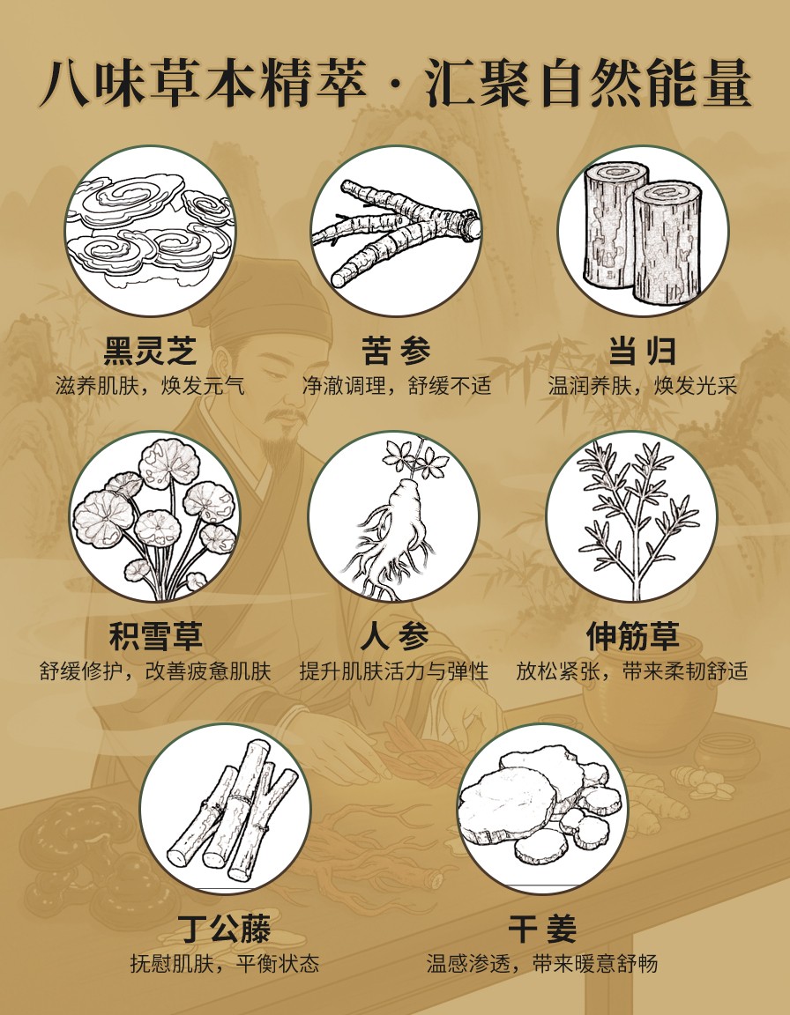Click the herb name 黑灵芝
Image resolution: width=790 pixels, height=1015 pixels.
(x=150, y=352)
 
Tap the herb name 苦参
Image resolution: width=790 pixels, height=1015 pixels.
(x=396, y=352)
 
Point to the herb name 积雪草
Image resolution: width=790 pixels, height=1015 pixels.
(x=155, y=636)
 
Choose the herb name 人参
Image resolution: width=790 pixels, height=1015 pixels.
(x=395, y=636)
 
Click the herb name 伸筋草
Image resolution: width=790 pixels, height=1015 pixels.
(x=633, y=636)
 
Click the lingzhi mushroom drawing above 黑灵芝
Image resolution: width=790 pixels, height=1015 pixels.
(x=150, y=230)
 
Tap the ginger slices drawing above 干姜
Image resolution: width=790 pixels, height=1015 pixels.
(x=540, y=806)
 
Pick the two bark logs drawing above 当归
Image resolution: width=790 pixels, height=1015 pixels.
(x=643, y=232)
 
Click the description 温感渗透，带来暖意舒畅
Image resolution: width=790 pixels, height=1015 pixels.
(x=542, y=964)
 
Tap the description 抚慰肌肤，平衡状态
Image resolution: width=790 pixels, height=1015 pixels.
(x=225, y=964)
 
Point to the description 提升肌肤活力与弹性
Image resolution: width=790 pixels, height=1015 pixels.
(x=394, y=671)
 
